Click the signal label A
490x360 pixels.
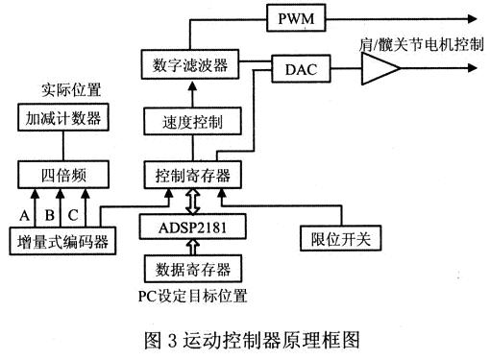[x=25, y=211]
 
